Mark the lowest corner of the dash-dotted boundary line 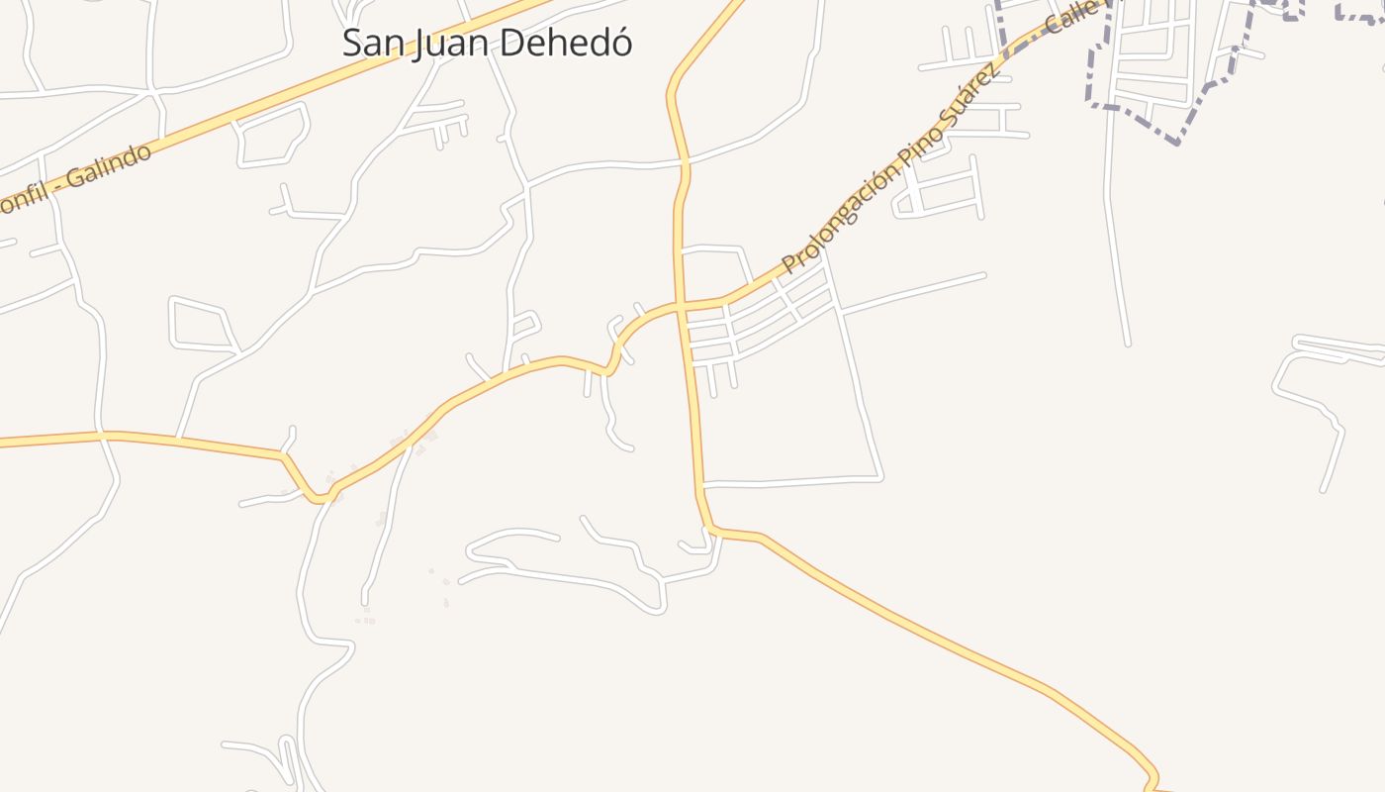(1177, 143)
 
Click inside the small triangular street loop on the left (201, 324)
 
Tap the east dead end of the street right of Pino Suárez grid (984, 275)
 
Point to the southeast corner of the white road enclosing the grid (880, 477)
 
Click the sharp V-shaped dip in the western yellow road (320, 499)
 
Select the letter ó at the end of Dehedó (619, 43)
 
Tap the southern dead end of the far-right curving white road (1324, 490)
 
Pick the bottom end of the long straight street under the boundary (1128, 345)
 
